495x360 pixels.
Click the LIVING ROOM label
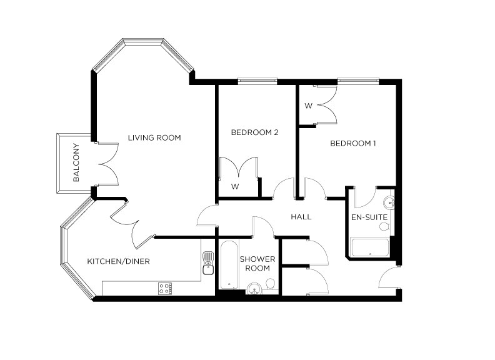click(154, 137)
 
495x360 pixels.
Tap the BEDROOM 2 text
click(254, 132)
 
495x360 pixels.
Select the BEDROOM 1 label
click(353, 144)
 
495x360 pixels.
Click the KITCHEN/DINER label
click(118, 261)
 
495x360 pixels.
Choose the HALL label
click(301, 217)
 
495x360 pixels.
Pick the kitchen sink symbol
click(207, 266)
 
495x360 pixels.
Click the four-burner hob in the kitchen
click(166, 289)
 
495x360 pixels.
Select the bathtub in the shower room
click(229, 266)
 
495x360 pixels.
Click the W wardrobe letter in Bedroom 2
click(235, 187)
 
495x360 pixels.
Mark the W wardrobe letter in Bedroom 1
click(308, 106)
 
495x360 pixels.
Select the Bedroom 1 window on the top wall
click(357, 80)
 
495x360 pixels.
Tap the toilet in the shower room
click(271, 285)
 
